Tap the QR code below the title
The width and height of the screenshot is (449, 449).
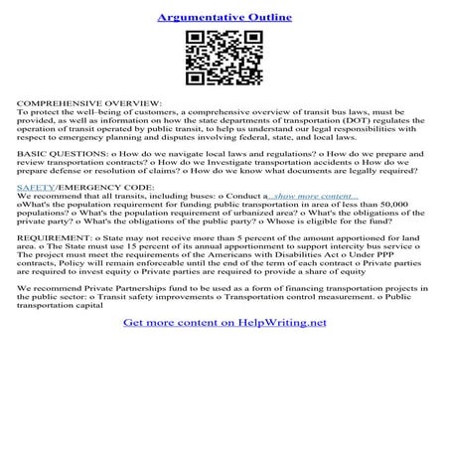click(224, 58)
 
